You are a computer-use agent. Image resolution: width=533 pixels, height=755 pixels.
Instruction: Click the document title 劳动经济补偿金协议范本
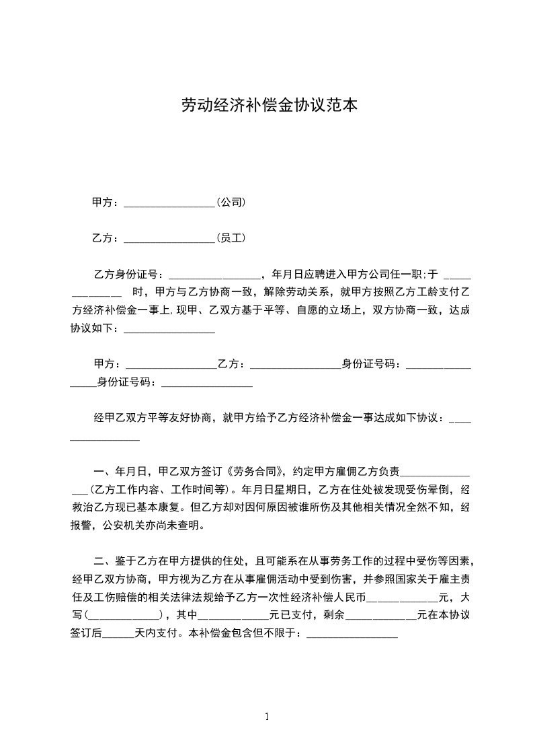pyautogui.click(x=269, y=105)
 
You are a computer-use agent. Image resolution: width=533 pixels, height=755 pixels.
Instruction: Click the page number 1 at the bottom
pyautogui.click(x=267, y=717)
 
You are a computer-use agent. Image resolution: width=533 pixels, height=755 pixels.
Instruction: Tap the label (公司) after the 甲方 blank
pyautogui.click(x=230, y=201)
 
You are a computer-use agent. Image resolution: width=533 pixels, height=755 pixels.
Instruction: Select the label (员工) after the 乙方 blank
pyautogui.click(x=230, y=238)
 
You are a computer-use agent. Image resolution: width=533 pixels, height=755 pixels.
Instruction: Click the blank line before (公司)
pyautogui.click(x=169, y=203)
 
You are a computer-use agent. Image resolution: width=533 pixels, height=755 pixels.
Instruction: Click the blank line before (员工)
pyautogui.click(x=169, y=239)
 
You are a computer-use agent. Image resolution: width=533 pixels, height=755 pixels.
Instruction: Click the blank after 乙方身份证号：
pyautogui.click(x=213, y=275)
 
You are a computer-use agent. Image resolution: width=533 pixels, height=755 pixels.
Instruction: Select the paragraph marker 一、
pyautogui.click(x=104, y=470)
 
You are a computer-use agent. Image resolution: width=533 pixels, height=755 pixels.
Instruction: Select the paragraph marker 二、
pyautogui.click(x=104, y=561)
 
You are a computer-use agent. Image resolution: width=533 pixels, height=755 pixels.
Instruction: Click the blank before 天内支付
pyautogui.click(x=119, y=633)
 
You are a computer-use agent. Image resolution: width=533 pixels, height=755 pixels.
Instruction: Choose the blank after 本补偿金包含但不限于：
pyautogui.click(x=352, y=633)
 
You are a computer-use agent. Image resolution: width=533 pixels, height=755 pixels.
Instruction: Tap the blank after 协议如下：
pyautogui.click(x=169, y=330)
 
